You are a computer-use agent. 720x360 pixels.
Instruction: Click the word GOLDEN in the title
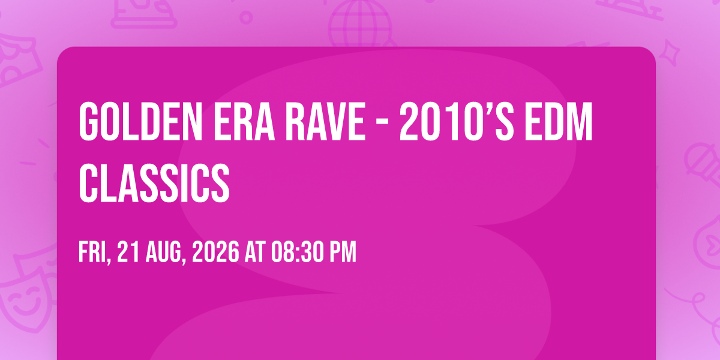coord(140,121)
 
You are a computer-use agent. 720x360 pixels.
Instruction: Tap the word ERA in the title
coord(244,121)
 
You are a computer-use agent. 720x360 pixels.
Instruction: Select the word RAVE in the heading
coord(326,121)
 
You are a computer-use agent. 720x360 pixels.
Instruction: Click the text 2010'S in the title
coord(457,121)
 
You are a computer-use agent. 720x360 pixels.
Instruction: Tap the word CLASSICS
coord(154,183)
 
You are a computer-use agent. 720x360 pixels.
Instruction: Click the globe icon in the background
coord(360,23)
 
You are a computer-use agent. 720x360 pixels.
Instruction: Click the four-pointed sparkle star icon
coord(670,53)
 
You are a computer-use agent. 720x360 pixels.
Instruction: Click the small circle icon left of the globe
coord(246,17)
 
